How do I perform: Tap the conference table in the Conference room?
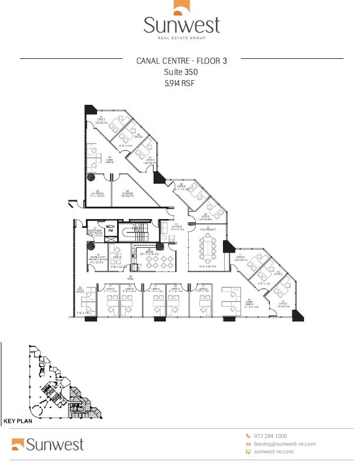pyautogui.click(x=208, y=247)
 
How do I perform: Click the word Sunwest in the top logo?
pyautogui.click(x=182, y=25)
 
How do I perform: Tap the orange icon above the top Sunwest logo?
pyautogui.click(x=181, y=7)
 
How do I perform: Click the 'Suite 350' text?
pyautogui.click(x=180, y=72)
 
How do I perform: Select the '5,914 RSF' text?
pyautogui.click(x=180, y=84)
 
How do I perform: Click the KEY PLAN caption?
pyautogui.click(x=17, y=421)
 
